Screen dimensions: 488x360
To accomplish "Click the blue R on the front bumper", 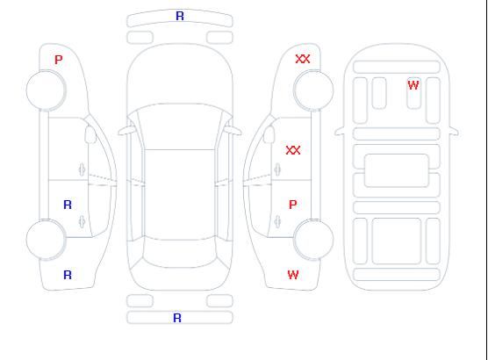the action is [180, 16].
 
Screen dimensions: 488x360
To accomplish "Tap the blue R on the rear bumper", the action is [177, 318].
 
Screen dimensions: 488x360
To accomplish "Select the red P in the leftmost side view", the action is [58, 60].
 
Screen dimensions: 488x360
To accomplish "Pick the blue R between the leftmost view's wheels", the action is [68, 205].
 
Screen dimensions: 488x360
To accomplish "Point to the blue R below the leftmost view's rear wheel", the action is [68, 275].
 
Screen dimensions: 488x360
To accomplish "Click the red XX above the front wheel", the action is [303, 59].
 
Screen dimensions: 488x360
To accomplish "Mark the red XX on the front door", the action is [293, 150].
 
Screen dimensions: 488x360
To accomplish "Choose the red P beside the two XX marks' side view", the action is [292, 205].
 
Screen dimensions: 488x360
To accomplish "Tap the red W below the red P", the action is [293, 275].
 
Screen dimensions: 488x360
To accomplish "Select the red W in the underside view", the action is [413, 85].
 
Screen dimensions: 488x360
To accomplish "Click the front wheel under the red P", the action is [46, 90].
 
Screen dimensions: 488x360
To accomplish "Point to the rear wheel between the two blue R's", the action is [46, 239].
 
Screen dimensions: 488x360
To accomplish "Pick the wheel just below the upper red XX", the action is [313, 90].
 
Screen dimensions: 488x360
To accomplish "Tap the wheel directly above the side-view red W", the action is [313, 239].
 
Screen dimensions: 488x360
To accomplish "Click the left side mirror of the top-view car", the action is [126, 131].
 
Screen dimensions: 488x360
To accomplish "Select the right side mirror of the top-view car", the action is [233, 131].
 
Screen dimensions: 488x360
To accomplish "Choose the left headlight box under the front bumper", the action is [140, 38].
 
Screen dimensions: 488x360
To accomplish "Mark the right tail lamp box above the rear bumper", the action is [219, 301].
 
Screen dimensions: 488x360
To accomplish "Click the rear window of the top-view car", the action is [180, 252].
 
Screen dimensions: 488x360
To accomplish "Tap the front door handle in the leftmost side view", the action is [82, 169].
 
